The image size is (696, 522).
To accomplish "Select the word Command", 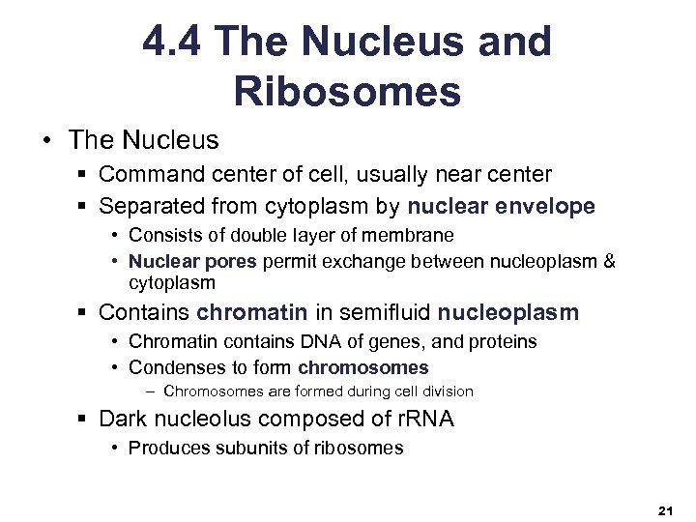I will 148,175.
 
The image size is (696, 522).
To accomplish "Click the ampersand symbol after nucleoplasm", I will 608,262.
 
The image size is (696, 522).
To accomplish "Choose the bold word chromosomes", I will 363,367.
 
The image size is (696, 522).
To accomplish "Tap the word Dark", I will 125,419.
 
